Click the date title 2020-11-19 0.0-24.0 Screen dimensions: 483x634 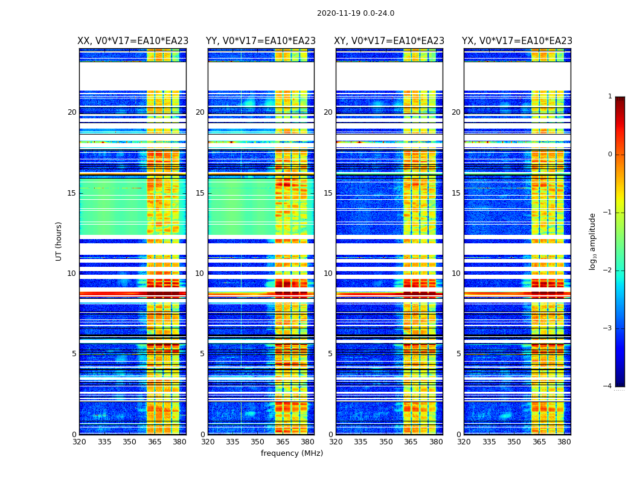[x=356, y=13]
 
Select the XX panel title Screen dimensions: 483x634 [x=133, y=41]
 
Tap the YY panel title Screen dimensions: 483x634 [x=261, y=41]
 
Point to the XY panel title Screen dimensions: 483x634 [x=389, y=41]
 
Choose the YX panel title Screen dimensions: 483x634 [x=517, y=41]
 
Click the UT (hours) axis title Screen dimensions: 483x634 [x=59, y=241]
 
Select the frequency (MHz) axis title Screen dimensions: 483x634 [x=292, y=453]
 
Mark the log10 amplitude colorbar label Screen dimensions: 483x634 [x=593, y=241]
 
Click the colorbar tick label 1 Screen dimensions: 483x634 [x=610, y=97]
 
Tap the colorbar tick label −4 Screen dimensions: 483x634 [x=608, y=386]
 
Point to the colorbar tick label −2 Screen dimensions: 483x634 [x=608, y=270]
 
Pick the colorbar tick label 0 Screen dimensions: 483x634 [x=610, y=155]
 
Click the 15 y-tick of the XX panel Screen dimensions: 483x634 [x=71, y=193]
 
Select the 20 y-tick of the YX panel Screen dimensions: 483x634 [x=456, y=112]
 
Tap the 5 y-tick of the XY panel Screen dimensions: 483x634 [x=330, y=354]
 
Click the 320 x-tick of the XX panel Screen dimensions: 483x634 [x=79, y=442]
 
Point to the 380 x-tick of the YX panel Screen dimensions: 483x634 [x=564, y=442]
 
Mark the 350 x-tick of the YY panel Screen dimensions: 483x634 [x=258, y=442]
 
